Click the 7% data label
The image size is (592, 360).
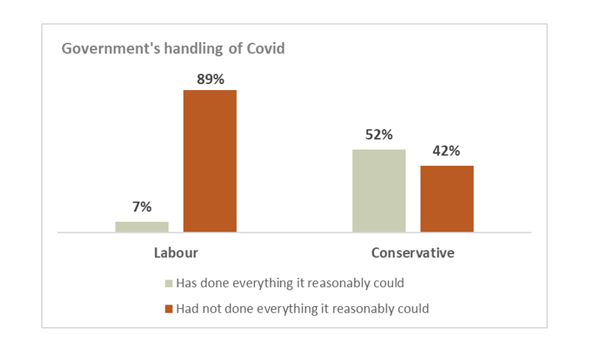(142, 206)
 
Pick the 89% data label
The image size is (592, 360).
(210, 77)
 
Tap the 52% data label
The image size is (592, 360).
(378, 135)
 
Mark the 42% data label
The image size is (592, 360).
(447, 151)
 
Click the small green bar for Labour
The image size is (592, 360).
(142, 226)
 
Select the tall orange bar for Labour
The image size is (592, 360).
(210, 161)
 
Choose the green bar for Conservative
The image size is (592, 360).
(378, 190)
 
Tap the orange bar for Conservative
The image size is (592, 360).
(447, 199)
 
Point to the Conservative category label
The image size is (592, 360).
(413, 253)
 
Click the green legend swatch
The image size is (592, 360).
(169, 284)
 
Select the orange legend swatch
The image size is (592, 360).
(169, 309)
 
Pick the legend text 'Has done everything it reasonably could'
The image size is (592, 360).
(289, 283)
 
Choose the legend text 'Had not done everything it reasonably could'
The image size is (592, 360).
(302, 308)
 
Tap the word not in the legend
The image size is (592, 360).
(211, 308)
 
